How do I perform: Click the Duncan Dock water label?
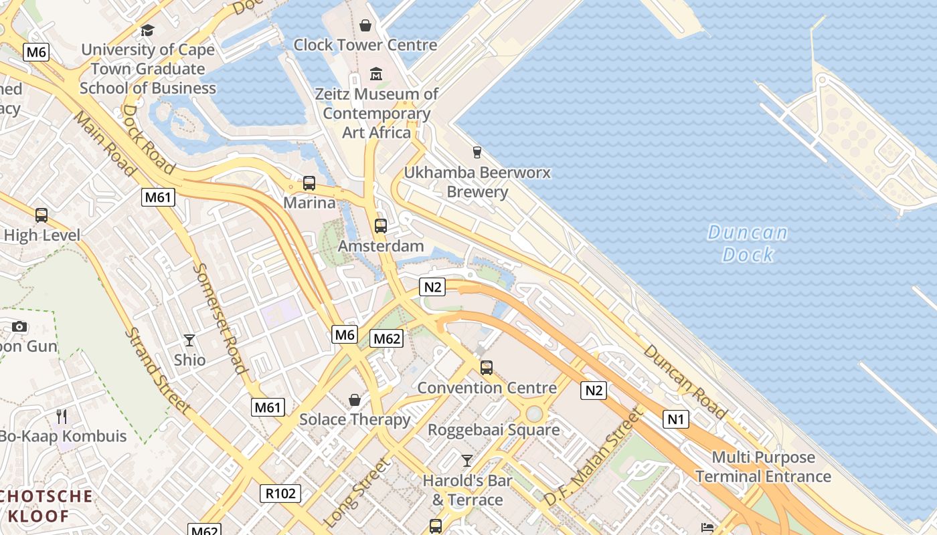748,243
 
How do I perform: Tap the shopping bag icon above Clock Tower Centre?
365,25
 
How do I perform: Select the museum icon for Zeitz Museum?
375,74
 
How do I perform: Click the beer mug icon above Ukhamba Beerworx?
477,152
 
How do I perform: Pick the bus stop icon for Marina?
309,183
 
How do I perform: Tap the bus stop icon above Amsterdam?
381,226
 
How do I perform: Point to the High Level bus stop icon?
41,215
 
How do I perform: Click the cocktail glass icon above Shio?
189,340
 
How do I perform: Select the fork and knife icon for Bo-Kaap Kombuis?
62,417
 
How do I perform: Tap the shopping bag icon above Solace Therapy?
355,400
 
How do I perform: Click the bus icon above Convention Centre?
487,368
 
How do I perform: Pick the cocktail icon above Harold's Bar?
467,461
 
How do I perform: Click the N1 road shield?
676,419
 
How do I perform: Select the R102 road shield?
280,494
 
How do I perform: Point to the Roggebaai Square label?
494,430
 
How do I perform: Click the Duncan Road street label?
685,382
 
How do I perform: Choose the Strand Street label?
158,370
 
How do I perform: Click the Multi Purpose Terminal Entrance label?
763,467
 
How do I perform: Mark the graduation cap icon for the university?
147,30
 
